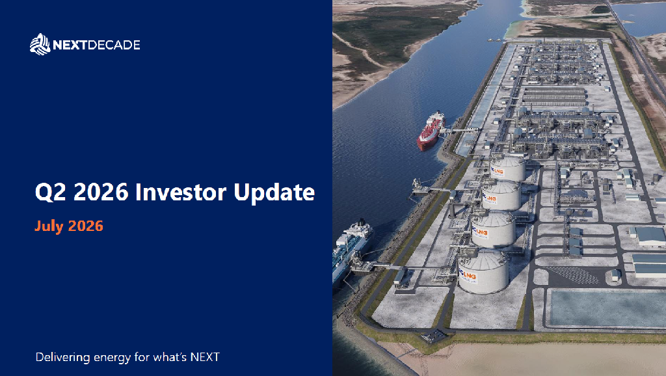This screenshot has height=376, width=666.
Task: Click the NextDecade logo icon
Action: [x=40, y=44]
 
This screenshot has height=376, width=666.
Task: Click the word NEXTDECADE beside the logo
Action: [x=96, y=45]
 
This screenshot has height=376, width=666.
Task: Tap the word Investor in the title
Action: [x=181, y=192]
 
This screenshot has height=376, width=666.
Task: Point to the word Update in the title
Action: [x=274, y=193]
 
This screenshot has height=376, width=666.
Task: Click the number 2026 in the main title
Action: [x=101, y=192]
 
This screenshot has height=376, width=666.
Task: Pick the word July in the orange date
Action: [x=49, y=226]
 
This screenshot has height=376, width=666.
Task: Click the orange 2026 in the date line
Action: [x=86, y=226]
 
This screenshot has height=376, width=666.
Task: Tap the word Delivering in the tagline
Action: [x=63, y=357]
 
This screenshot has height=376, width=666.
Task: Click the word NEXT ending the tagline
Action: [x=205, y=357]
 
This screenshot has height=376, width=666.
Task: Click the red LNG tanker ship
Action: [x=431, y=131]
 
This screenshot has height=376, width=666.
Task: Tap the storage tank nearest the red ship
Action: [x=507, y=168]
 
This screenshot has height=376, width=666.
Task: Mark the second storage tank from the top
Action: [x=501, y=195]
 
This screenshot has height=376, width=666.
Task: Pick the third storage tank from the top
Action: [x=493, y=230]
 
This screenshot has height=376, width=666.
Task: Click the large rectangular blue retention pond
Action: [x=607, y=308]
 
